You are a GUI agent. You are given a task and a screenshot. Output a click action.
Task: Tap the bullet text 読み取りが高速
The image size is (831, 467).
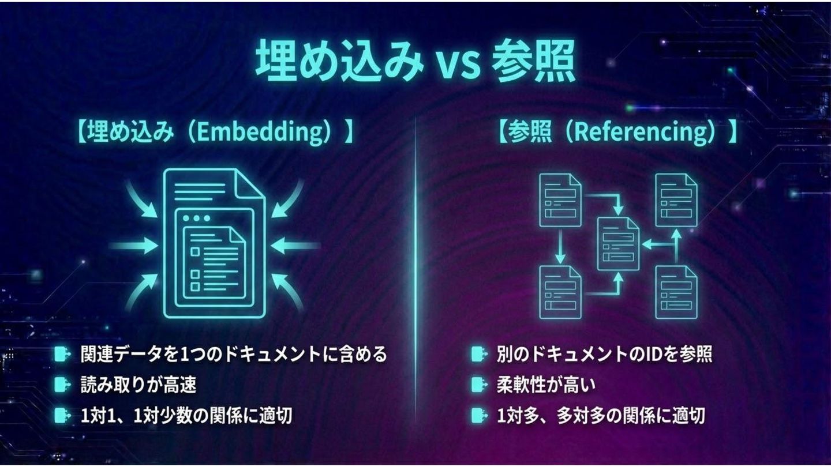138,385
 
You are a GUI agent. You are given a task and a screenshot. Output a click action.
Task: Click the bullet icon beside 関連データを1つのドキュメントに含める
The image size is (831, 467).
61,354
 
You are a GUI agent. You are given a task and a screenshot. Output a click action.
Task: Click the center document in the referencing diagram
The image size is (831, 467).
618,243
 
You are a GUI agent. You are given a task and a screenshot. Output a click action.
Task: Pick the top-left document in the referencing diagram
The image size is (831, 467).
560,199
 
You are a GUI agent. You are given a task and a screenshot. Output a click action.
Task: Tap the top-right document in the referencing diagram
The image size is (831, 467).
676,199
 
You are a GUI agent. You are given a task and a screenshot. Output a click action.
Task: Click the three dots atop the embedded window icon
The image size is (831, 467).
199,218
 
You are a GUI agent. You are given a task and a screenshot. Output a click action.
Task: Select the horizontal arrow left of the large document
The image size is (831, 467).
134,246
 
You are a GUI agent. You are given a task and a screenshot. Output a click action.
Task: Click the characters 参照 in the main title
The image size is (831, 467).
533,63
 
